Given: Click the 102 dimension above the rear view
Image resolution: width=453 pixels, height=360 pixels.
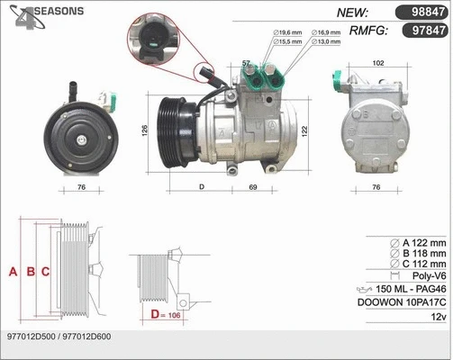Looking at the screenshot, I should (x=377, y=62).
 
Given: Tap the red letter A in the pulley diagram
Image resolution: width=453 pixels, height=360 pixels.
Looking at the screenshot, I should (x=13, y=271).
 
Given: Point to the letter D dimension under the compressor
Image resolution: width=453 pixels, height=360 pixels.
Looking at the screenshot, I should (x=202, y=187).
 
